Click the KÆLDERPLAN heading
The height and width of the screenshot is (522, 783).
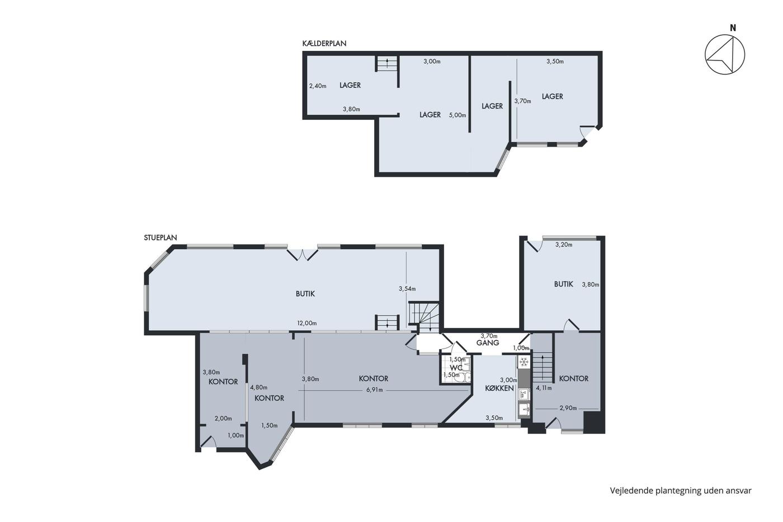pos(324,43)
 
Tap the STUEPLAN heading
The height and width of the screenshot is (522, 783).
pos(161,238)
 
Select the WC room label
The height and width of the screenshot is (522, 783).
pos(456,368)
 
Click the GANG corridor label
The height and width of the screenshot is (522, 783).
pos(488,343)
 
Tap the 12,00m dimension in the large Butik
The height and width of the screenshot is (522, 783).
pos(306,323)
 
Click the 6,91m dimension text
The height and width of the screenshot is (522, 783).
pos(374,390)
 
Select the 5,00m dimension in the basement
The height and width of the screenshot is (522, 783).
pos(457,115)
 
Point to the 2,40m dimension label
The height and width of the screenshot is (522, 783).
pos(318,86)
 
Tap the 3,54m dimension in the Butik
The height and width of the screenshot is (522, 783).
pos(407,289)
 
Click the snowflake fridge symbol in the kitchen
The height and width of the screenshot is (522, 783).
pos(523,362)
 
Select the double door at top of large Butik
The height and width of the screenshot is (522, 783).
pos(303,255)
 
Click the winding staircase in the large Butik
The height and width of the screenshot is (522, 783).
pos(424,317)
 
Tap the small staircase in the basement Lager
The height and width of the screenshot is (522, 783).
pos(387,64)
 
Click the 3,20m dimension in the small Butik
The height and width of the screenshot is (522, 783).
pos(564,244)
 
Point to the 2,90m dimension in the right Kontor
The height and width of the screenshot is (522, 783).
pos(568,408)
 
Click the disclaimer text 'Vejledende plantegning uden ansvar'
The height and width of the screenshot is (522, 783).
pos(681,491)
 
